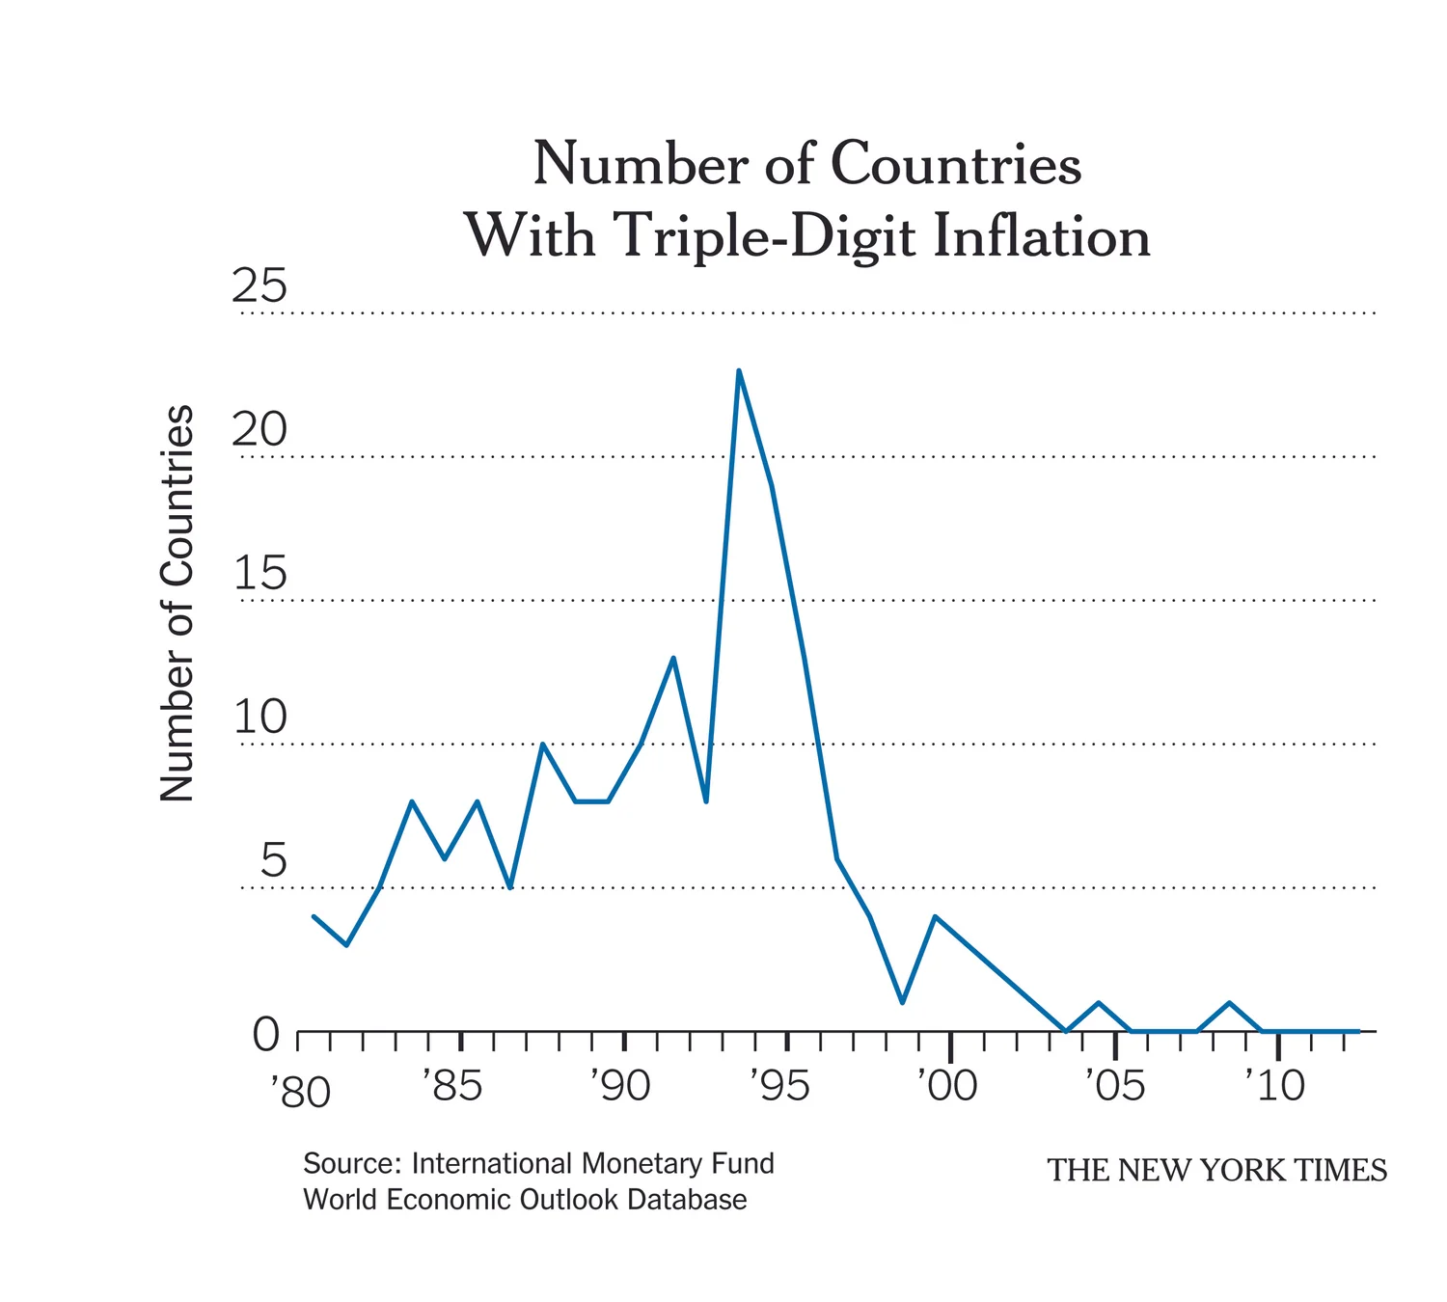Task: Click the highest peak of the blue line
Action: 738,371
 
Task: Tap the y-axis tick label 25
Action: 259,286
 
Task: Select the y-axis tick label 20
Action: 259,429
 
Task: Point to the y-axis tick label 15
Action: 259,573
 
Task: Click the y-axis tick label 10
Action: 259,717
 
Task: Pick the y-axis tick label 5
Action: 273,860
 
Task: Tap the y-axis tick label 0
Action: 266,1035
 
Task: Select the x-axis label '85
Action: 452,1086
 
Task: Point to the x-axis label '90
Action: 620,1086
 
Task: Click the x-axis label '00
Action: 947,1086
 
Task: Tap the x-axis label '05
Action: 1115,1086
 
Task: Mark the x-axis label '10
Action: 1275,1086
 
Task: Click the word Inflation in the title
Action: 1042,235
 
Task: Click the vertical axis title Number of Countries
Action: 177,604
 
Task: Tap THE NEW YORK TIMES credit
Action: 1217,1171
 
